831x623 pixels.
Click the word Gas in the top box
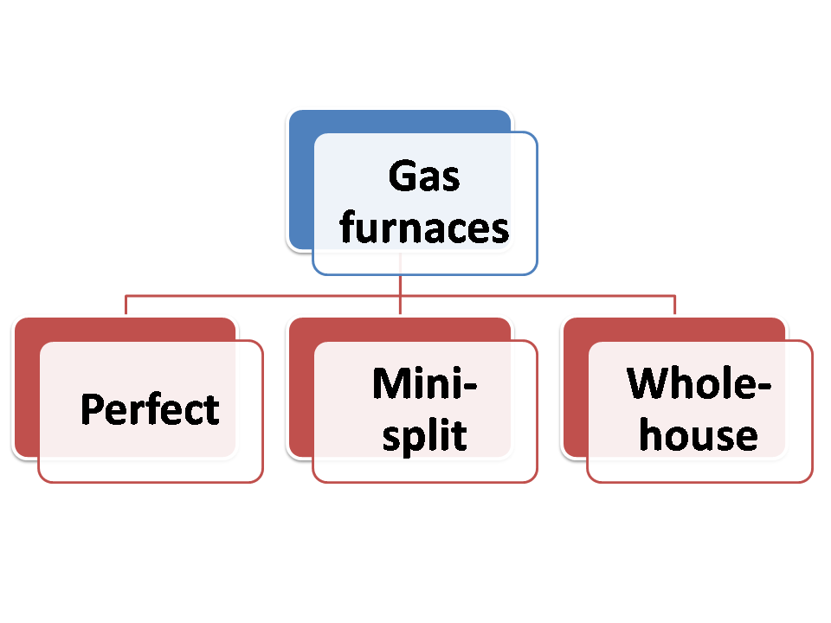click(424, 177)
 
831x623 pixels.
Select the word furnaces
click(424, 228)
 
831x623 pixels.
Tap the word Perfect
click(150, 409)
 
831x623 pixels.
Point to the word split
click(425, 435)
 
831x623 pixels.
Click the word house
click(699, 435)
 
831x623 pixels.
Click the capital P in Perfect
click(92, 409)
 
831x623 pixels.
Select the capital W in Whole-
click(649, 384)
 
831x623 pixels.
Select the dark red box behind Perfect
click(26, 389)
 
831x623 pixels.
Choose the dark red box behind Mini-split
click(300, 389)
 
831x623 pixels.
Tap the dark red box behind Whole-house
click(575, 389)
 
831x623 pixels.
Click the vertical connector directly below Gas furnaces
click(401, 286)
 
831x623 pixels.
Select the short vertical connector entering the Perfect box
click(126, 305)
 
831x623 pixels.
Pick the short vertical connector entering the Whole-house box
click(675, 305)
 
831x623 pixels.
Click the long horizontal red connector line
click(260, 296)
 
